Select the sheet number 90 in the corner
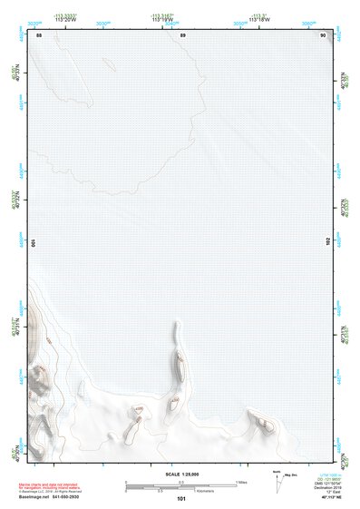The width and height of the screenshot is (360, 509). click(323, 34)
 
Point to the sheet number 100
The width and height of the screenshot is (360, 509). click(34, 243)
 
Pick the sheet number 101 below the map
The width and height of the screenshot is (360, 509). click(181, 499)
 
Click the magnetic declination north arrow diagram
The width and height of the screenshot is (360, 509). click(277, 481)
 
